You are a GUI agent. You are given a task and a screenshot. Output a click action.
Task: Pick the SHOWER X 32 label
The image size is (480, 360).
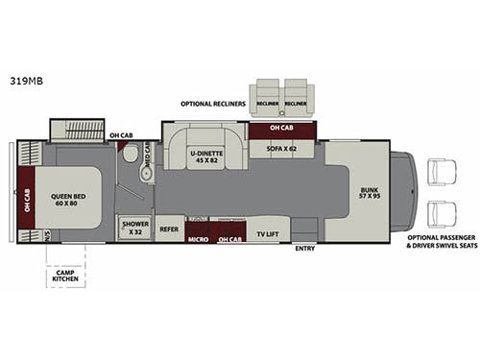point(132,228)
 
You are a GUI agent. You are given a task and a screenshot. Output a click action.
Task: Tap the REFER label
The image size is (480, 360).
point(169,229)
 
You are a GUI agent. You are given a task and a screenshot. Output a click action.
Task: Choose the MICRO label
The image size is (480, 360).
point(199,237)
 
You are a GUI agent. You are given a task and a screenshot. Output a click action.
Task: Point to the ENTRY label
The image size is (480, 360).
point(305,249)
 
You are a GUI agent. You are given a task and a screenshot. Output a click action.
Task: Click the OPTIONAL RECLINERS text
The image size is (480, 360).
point(212,103)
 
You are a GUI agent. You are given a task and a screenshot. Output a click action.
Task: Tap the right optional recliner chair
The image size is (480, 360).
point(295,96)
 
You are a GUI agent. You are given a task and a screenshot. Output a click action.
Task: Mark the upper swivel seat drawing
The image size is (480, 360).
point(444,172)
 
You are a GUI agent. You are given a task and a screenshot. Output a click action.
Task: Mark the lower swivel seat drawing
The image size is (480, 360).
point(444,213)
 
